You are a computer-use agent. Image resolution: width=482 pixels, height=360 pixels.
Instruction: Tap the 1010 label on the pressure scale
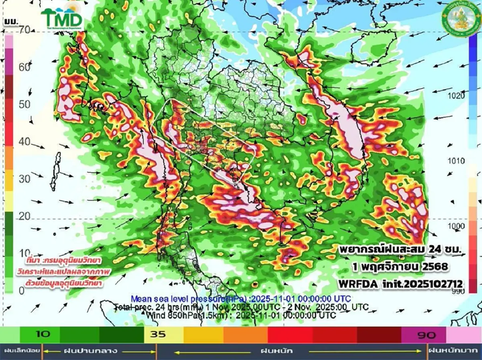point(457,161)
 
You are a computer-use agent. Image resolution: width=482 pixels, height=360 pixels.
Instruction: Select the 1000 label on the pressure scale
point(457,226)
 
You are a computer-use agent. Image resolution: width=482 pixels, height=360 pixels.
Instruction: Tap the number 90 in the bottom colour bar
point(426,335)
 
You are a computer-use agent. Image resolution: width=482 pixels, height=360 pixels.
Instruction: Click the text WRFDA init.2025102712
point(400,284)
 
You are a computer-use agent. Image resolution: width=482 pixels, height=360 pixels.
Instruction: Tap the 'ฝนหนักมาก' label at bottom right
point(454,351)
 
